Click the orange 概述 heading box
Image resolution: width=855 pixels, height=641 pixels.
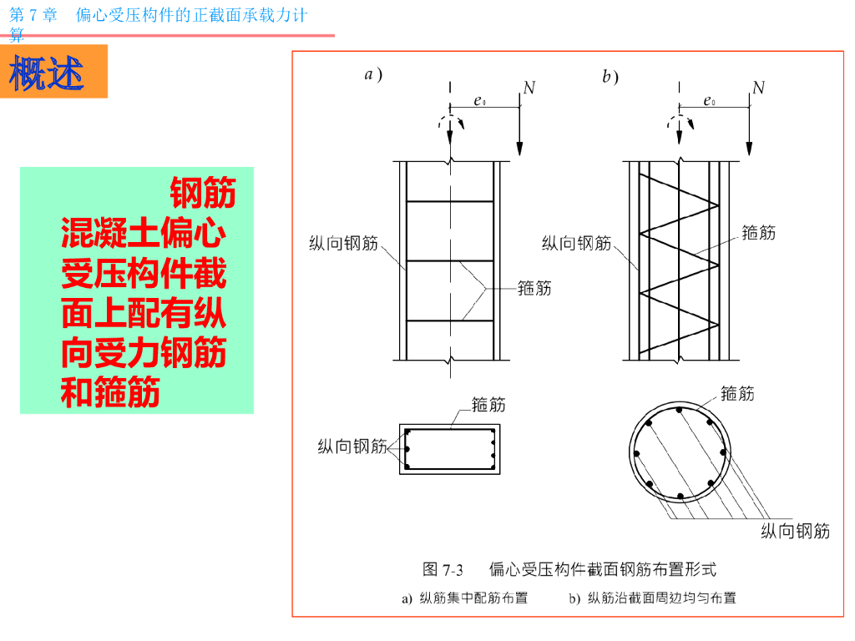(54, 72)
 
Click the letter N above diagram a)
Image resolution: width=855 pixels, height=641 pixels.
(529, 88)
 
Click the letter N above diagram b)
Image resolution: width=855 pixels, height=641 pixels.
(758, 88)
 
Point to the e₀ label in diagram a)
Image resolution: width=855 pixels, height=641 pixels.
(480, 101)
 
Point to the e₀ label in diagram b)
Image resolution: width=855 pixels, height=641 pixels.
(710, 101)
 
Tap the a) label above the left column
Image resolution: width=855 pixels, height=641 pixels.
(373, 74)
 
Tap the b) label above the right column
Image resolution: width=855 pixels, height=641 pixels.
(610, 76)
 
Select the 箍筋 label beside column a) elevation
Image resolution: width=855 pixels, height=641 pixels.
(534, 288)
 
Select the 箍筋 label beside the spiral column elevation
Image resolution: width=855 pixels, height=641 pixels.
(758, 233)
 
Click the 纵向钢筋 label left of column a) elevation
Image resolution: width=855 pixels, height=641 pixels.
(343, 243)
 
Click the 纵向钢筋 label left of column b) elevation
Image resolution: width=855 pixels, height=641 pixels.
(576, 243)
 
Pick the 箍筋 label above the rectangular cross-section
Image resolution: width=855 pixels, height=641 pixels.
(488, 405)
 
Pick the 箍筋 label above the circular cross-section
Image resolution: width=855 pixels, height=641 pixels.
(737, 394)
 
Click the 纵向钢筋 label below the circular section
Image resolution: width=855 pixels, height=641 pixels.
(796, 531)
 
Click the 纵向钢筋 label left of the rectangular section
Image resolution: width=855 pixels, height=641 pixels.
(352, 447)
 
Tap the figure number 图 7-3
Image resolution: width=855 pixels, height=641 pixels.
(443, 570)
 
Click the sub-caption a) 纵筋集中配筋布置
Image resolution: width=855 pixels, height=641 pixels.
(465, 598)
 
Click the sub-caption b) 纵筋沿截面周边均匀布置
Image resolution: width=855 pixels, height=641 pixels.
(653, 598)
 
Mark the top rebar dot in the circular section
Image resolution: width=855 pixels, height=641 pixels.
(679, 410)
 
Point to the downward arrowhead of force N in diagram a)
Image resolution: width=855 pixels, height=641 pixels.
(519, 149)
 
